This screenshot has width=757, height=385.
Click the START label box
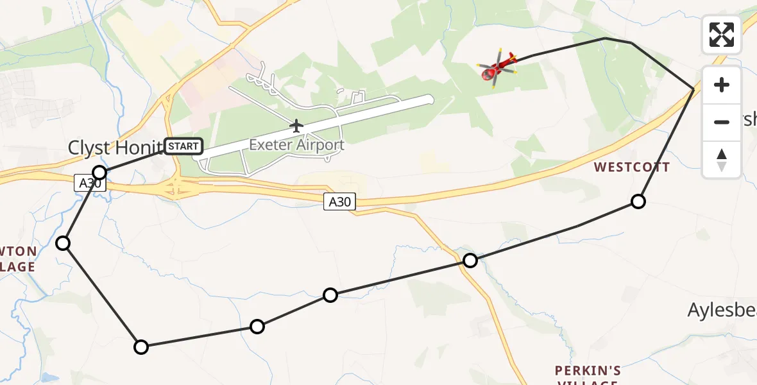[184, 146]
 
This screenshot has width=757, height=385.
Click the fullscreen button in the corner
[722, 35]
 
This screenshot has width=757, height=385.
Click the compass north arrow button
[722, 159]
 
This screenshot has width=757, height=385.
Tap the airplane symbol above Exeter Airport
[296, 125]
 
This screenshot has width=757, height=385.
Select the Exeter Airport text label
[296, 145]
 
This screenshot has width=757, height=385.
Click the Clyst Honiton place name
[114, 148]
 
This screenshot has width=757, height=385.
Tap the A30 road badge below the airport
[339, 202]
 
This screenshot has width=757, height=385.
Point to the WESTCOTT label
[631, 167]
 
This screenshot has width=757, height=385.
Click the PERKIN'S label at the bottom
[588, 371]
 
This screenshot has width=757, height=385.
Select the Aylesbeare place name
[722, 311]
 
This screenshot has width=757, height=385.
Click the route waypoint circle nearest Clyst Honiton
[99, 172]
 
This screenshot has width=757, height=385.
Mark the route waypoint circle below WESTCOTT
[638, 201]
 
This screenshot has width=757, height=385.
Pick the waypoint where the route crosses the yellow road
[470, 261]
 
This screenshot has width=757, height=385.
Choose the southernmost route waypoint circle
[140, 347]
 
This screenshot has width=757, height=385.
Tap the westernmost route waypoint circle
[63, 243]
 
